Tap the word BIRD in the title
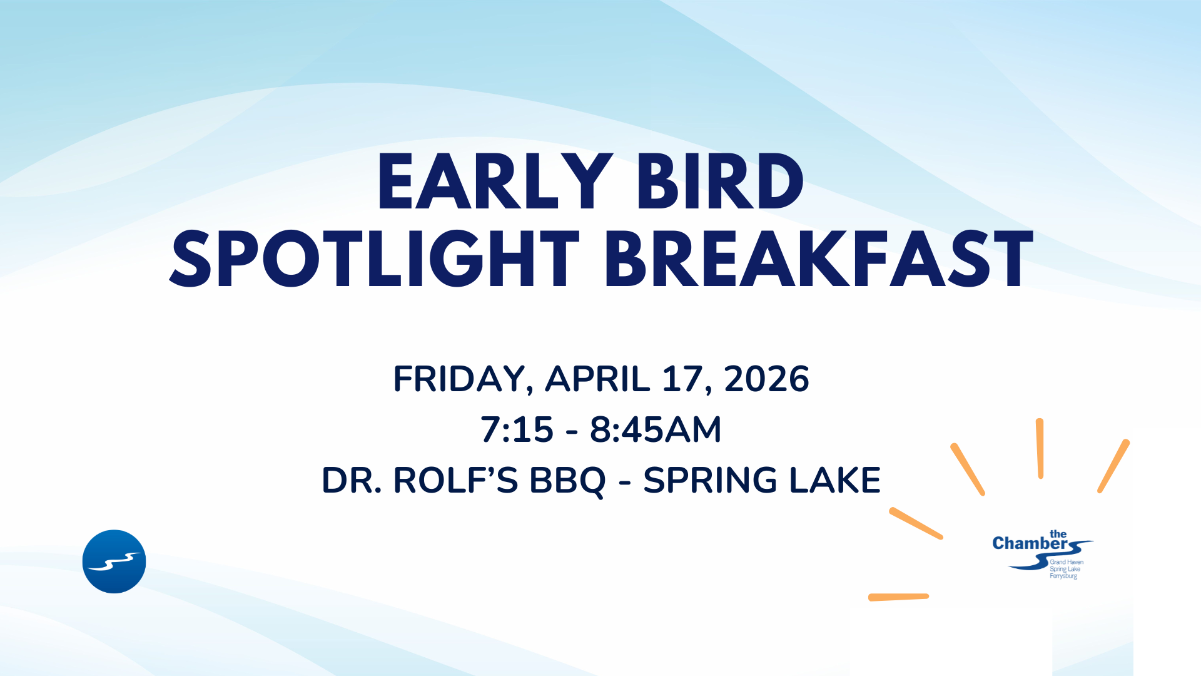[x=720, y=182]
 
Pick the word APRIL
[x=597, y=379]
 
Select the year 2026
[x=766, y=379]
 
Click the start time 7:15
[x=517, y=429]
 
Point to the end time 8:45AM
[x=656, y=429]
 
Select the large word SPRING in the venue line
[x=711, y=480]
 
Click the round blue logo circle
[x=114, y=561]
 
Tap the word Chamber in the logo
[x=1030, y=543]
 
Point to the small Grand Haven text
[x=1067, y=562]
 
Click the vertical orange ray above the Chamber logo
[x=1040, y=448]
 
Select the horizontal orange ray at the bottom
[x=898, y=597]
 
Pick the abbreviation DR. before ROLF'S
[x=352, y=480]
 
